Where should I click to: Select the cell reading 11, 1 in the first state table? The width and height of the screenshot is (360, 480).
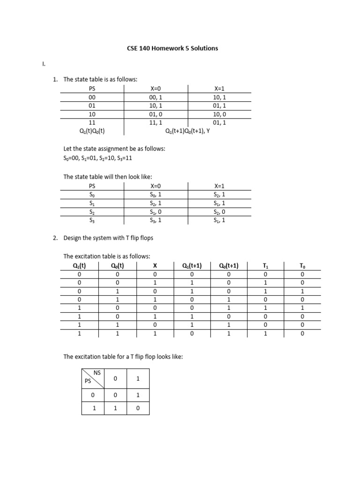tap(156, 122)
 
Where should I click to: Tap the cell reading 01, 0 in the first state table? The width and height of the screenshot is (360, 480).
tap(156, 114)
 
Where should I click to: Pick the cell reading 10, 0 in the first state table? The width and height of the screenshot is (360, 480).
tap(219, 114)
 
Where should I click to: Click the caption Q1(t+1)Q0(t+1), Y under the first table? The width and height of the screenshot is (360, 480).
tap(187, 131)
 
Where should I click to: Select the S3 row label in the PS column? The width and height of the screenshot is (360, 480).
tap(91, 220)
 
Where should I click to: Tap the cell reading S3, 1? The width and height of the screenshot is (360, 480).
tap(156, 220)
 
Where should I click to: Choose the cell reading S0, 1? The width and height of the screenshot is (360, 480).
tap(156, 194)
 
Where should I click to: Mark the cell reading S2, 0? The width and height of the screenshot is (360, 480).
tap(219, 211)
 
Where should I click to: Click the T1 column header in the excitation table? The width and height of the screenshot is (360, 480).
tap(266, 266)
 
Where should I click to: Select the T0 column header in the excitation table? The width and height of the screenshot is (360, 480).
tap(302, 266)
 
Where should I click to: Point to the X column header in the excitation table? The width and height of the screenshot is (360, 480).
tap(155, 266)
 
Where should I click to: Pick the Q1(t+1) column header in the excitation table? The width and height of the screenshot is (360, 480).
tap(192, 266)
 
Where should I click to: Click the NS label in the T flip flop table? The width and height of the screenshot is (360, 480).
tap(97, 373)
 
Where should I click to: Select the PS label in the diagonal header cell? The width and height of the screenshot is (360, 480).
tap(88, 382)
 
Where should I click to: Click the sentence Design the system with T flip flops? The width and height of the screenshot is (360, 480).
tap(108, 238)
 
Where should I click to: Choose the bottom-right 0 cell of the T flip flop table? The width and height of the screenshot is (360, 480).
tap(138, 408)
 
